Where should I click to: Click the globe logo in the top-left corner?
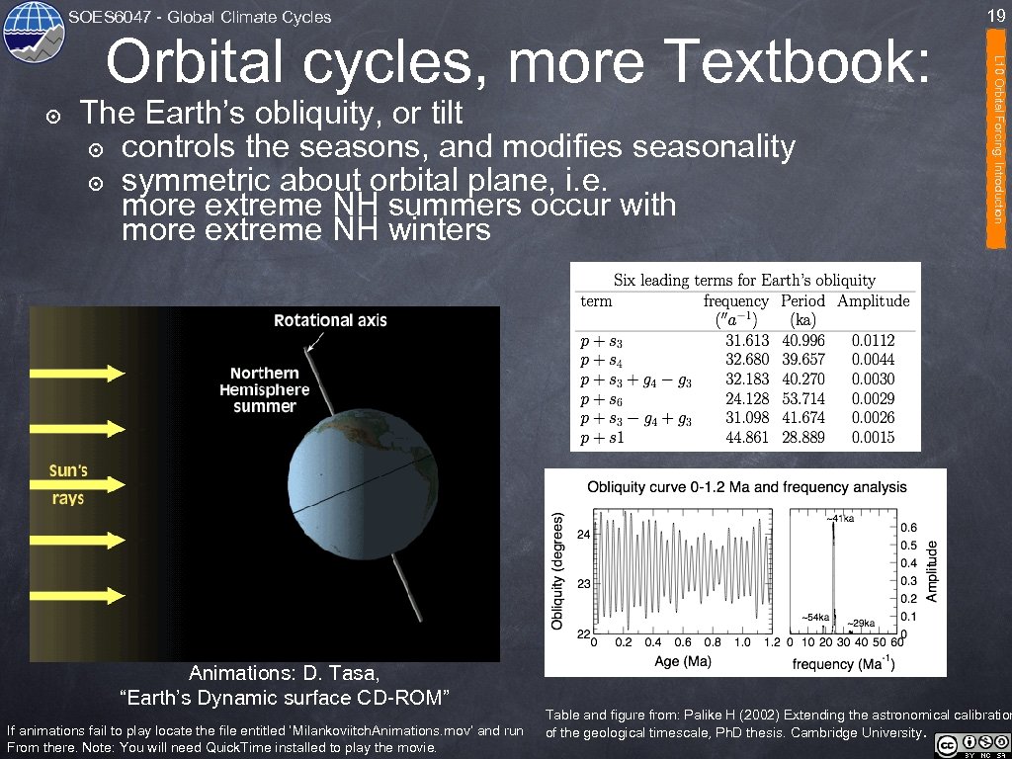point(34,34)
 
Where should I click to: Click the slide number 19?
point(994,15)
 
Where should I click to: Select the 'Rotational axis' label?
point(330,320)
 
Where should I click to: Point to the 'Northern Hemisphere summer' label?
point(264,389)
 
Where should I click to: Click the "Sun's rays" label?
point(68,484)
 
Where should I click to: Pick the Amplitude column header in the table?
point(872,301)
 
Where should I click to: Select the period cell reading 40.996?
point(802,341)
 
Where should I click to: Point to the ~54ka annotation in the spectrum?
point(816,617)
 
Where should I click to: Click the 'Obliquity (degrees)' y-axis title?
point(557,570)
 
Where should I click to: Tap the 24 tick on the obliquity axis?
point(583,534)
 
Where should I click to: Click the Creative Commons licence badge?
point(973,743)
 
